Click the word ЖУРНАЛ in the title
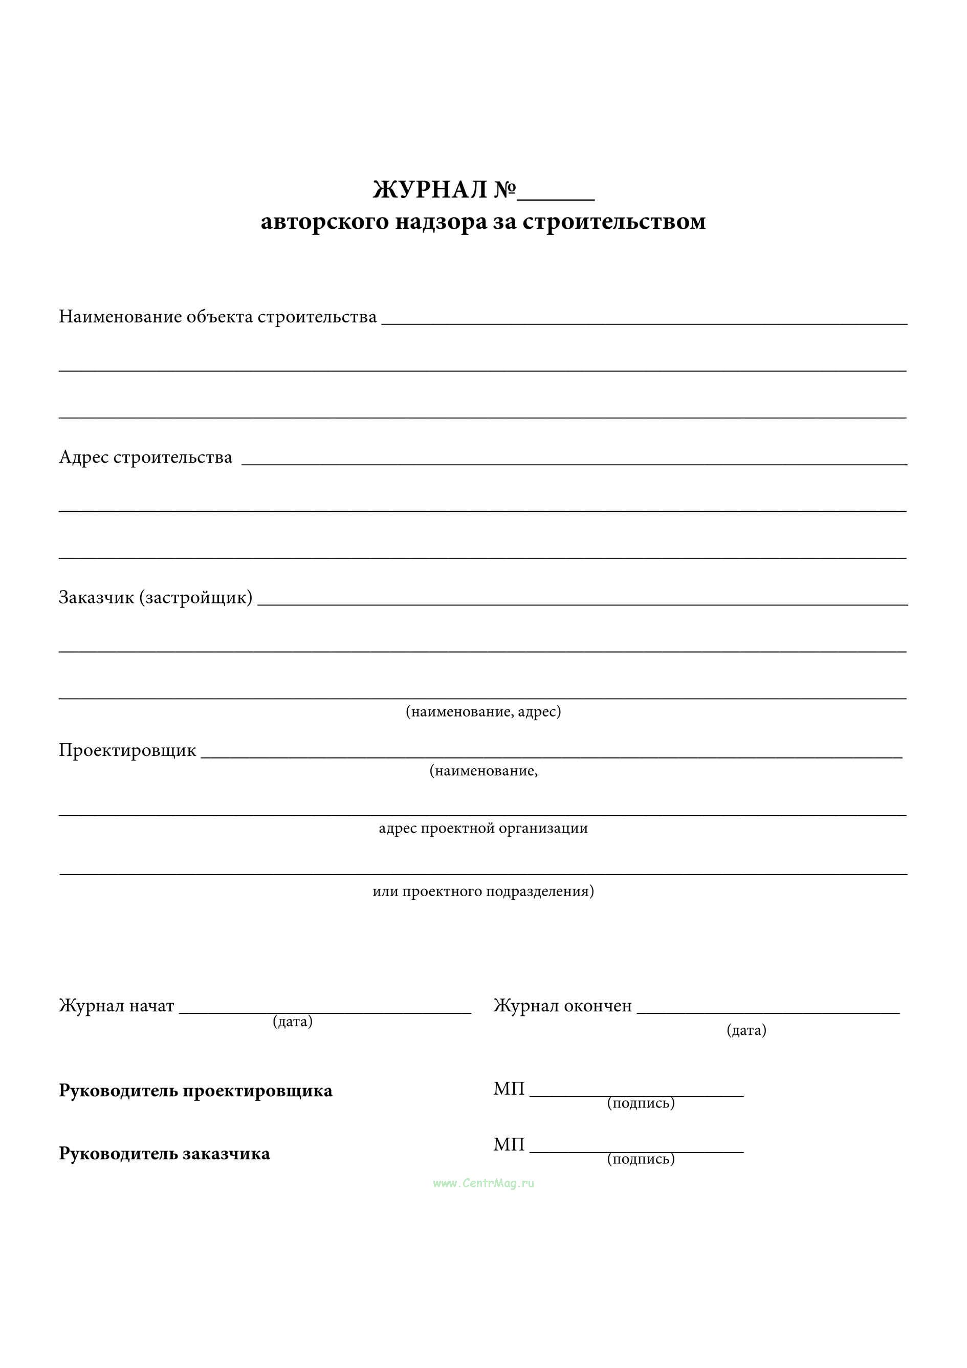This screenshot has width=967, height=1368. pyautogui.click(x=430, y=190)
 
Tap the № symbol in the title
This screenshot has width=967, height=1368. pyautogui.click(x=504, y=190)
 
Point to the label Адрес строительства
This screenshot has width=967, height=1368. pyautogui.click(x=145, y=457)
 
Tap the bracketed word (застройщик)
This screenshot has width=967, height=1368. pyautogui.click(x=196, y=597)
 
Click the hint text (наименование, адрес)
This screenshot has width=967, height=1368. pyautogui.click(x=483, y=711)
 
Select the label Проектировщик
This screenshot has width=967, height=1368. pyautogui.click(x=127, y=750)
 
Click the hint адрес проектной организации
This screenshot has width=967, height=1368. pyautogui.click(x=483, y=828)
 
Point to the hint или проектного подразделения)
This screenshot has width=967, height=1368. pyautogui.click(x=483, y=892)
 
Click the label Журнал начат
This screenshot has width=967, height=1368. pyautogui.click(x=116, y=1006)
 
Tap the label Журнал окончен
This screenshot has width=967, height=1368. pyautogui.click(x=562, y=1006)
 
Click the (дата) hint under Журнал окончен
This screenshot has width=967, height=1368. pyautogui.click(x=746, y=1030)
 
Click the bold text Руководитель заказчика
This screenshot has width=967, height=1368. pyautogui.click(x=164, y=1154)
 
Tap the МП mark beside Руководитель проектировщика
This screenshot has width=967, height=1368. pyautogui.click(x=509, y=1089)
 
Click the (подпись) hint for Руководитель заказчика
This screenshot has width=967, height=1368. pyautogui.click(x=641, y=1159)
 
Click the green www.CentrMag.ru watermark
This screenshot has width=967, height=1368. pyautogui.click(x=483, y=1183)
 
